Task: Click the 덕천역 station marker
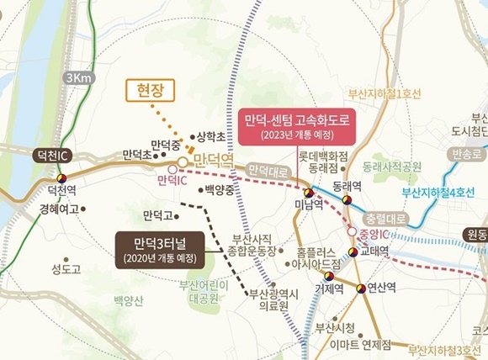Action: [61, 177]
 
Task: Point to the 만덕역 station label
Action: [211, 159]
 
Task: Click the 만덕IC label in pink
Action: [172, 180]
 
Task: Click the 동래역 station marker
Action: [346, 199]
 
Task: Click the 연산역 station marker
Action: [363, 288]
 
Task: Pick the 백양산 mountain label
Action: [129, 300]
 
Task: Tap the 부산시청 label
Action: [337, 326]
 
